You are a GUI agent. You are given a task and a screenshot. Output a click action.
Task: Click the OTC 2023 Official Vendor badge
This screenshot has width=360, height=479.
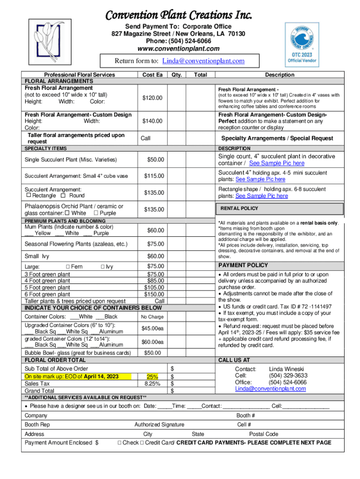pos(302,44)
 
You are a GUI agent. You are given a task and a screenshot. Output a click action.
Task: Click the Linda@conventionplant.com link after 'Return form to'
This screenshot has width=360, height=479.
pos(203,61)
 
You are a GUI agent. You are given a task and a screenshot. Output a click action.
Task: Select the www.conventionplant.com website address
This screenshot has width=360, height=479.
pos(178,49)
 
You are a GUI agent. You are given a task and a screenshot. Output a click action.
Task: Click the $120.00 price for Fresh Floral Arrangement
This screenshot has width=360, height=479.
pos(152,98)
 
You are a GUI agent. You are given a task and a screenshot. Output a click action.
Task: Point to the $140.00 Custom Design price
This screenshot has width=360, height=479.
pos(152,121)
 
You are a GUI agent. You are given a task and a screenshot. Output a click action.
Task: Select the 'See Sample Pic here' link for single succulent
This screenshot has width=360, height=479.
pos(276,163)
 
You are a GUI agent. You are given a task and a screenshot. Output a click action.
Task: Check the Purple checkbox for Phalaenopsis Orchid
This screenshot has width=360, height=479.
pos(96,213)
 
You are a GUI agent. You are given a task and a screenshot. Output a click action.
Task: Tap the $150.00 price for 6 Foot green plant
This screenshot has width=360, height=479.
pos(154,294)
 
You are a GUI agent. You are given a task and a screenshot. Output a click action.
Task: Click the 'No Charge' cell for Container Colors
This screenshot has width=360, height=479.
pos(152,317)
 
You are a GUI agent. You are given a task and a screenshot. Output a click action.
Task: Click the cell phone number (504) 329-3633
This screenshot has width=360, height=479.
pos(288,375)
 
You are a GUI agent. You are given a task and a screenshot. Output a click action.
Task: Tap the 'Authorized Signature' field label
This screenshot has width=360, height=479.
pos(159,425)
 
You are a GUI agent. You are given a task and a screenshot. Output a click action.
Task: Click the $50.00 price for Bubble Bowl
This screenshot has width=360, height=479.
pos(152,353)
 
